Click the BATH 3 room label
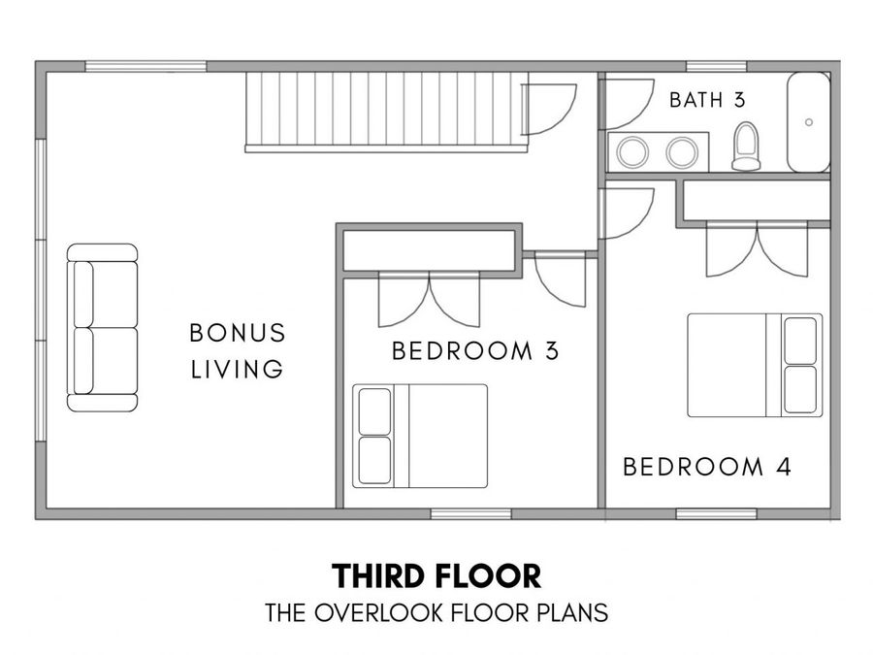coord(706,100)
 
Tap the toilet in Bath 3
coord(746,146)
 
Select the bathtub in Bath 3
coord(808,122)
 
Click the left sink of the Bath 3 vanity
coord(632,152)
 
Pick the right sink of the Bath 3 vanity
coord(682,152)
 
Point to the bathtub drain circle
coord(809,122)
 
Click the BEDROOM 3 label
coord(475,351)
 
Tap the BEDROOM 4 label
coord(706,467)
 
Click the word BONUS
coord(238,333)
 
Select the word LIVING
coord(238,370)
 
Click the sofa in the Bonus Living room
coord(103,328)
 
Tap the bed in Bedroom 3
coord(420,436)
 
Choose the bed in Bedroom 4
coord(755,366)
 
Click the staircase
coord(386,112)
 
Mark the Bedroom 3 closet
coord(429,250)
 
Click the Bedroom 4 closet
coord(758,201)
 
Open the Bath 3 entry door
coord(627,104)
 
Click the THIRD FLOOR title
coord(436,576)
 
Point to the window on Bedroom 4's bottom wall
coord(716,513)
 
